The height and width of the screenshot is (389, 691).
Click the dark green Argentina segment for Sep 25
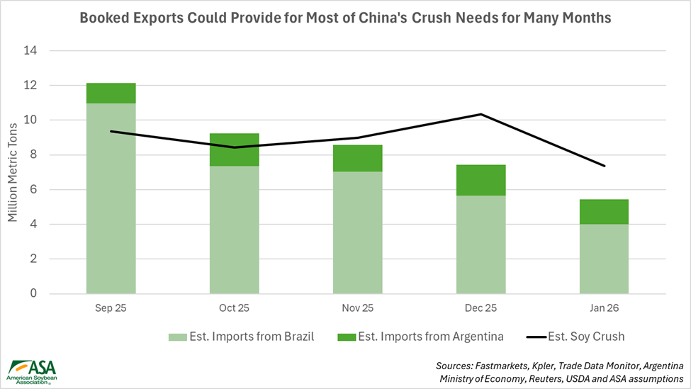pyautogui.click(x=111, y=93)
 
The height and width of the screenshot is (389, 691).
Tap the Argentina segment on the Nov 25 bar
pyautogui.click(x=357, y=158)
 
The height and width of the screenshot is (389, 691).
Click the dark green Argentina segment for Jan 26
pyautogui.click(x=604, y=212)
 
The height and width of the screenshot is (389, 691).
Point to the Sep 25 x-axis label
pyautogui.click(x=111, y=309)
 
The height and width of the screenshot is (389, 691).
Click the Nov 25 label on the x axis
pyautogui.click(x=357, y=309)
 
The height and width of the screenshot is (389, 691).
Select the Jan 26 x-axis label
pyautogui.click(x=604, y=309)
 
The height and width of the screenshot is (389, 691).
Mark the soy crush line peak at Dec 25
pyautogui.click(x=481, y=114)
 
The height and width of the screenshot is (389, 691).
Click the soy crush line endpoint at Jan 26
pyautogui.click(x=604, y=166)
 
